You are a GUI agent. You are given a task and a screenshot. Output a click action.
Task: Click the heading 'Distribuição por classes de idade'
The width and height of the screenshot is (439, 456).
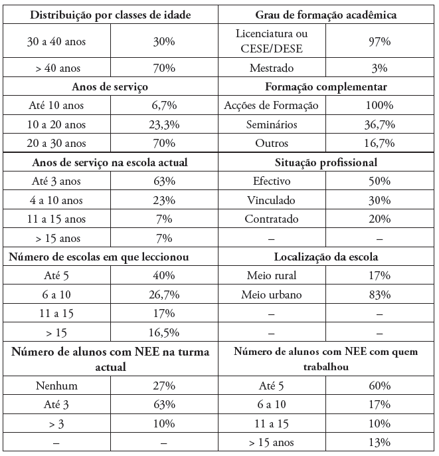pos(111,15)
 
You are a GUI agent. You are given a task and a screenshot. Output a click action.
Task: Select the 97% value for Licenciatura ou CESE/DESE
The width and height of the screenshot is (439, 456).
pos(379,42)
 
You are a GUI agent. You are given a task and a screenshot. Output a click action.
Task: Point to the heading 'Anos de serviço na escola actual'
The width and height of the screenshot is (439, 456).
pos(110,163)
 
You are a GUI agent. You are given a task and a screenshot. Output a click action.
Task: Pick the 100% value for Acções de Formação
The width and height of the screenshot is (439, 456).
pos(379,105)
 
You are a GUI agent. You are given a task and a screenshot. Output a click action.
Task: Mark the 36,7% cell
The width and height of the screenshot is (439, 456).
pos(379,124)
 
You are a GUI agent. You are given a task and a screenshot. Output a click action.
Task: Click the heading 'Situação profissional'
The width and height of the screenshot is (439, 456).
pos(325,163)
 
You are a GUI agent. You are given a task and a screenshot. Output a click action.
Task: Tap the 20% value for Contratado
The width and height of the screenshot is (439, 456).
pos(379,219)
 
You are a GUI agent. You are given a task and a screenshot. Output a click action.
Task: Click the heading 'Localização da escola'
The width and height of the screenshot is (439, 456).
pos(325,257)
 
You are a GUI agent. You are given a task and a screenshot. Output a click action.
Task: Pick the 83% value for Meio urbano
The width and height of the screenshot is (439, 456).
pos(379,294)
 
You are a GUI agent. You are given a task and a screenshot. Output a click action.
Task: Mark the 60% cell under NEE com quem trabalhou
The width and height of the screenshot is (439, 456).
pos(379,386)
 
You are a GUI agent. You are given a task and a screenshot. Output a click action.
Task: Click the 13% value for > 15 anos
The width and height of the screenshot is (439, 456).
pos(379,442)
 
